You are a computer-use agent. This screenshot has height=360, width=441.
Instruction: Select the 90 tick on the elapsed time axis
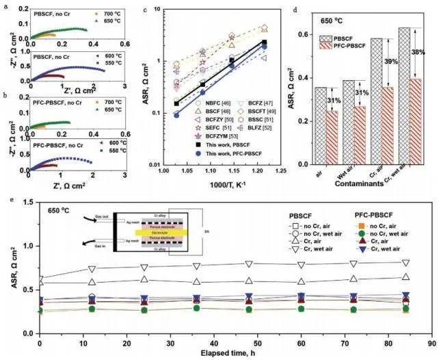[429, 342]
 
